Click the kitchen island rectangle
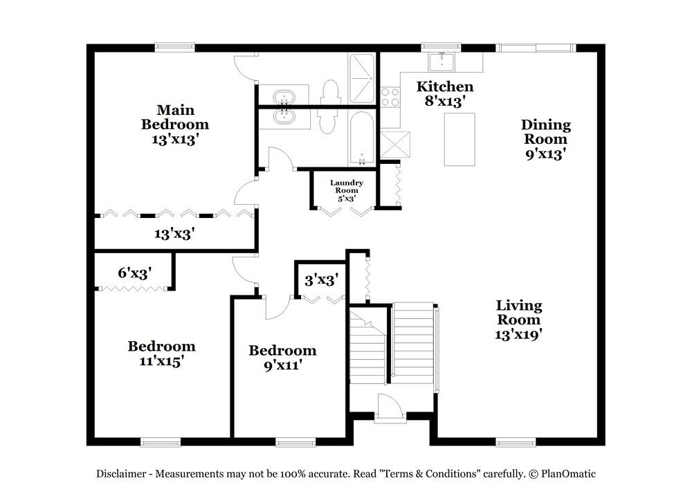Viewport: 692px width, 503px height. point(459,139)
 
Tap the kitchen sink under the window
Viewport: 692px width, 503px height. point(441,62)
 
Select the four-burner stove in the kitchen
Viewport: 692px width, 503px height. point(390,96)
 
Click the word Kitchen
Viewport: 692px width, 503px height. point(444,86)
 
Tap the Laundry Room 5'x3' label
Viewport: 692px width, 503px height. point(346,190)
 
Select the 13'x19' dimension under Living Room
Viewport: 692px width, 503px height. point(518,334)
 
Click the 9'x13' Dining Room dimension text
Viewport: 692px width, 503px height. point(546,153)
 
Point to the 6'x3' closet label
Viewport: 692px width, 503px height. point(135,272)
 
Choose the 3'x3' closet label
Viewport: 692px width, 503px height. point(321,280)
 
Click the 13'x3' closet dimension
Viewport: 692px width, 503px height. point(174,234)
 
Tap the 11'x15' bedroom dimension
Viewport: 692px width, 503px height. point(161,360)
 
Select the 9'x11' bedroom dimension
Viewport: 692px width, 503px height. point(282,365)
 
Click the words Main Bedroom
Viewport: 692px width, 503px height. point(175,117)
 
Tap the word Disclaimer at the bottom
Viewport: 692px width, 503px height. point(120,474)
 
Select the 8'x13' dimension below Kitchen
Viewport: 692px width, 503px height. point(444,100)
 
